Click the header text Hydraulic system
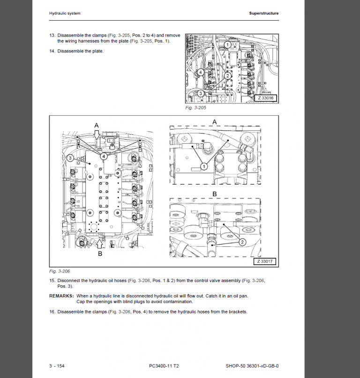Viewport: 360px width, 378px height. point(65,14)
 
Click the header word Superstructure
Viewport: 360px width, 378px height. point(264,14)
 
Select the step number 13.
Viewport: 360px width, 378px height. point(52,36)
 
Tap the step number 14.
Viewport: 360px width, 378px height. point(52,51)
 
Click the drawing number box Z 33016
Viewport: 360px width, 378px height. point(266,98)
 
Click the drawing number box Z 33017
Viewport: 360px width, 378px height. point(266,262)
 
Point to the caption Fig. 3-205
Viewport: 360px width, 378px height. point(195,108)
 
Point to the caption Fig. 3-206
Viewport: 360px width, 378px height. point(60,271)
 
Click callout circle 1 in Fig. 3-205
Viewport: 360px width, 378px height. point(227,45)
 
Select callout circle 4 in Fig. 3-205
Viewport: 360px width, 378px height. point(200,72)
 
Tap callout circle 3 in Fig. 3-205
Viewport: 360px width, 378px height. point(200,93)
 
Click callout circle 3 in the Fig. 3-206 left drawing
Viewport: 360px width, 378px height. point(70,158)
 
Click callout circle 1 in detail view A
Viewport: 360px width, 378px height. point(204,165)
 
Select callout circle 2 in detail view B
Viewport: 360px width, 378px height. point(242,242)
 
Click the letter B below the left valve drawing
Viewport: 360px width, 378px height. point(100,253)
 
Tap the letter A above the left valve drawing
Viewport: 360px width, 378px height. point(97,126)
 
